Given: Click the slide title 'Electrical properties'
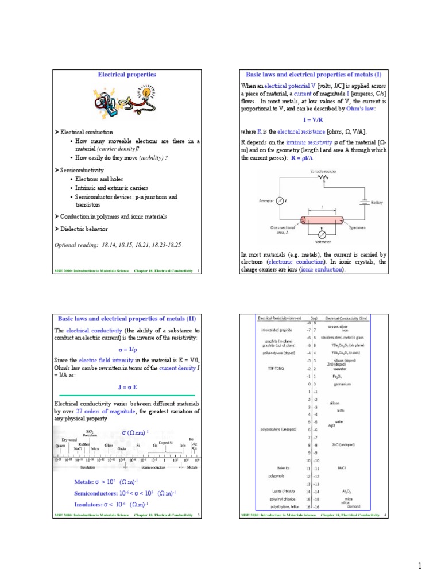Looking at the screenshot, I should [x=127, y=75].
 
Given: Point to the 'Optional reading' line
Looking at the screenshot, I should [x=118, y=245].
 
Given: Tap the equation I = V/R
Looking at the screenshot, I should [x=313, y=121].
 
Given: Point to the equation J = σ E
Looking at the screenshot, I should [x=127, y=387].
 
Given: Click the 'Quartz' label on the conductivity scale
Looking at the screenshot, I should [x=60, y=446].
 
